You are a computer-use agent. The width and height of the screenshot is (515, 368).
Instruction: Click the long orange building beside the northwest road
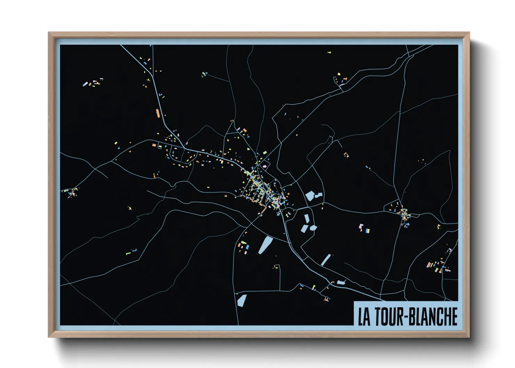coord(158,113)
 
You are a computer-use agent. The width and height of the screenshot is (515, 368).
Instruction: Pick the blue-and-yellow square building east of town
coord(367,230)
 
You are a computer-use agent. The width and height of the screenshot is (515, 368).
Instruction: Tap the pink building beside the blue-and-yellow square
coord(360,227)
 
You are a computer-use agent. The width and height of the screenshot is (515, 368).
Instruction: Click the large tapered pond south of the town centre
coord(266,245)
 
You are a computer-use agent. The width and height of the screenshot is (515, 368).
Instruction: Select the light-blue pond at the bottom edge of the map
coord(241,300)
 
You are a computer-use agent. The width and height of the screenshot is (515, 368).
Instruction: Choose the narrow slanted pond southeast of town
coord(326,260)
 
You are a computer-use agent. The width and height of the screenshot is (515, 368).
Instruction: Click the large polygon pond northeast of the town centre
coord(310,196)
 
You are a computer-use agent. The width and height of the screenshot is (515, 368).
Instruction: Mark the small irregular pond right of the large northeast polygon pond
coord(318,195)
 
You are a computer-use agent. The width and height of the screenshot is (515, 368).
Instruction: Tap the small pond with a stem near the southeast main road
coord(340,282)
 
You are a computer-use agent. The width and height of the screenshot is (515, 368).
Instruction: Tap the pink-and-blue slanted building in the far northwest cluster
coord(85,84)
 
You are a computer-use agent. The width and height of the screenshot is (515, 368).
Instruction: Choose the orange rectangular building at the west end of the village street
coord(154,145)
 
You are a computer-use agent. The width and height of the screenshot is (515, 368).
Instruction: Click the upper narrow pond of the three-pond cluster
coord(307,219)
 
